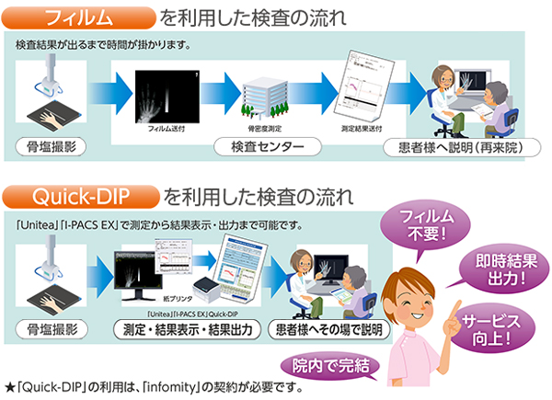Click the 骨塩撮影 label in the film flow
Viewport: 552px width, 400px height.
pyautogui.click(x=53, y=147)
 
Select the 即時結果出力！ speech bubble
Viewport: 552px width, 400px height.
pyautogui.click(x=502, y=265)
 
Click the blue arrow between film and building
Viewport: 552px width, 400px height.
pyautogui.click(x=220, y=92)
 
